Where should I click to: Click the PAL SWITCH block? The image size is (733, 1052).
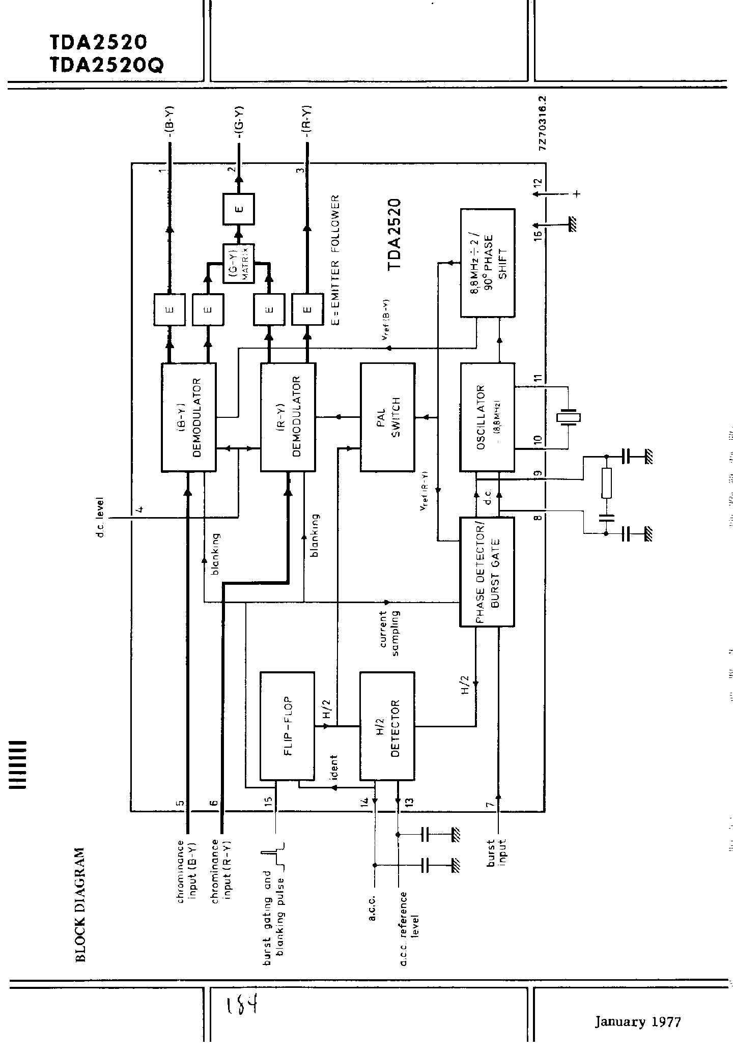388,417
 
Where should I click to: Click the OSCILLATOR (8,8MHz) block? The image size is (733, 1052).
487,417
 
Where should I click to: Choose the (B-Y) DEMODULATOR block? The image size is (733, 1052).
189,417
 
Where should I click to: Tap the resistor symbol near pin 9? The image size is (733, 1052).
606,483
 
